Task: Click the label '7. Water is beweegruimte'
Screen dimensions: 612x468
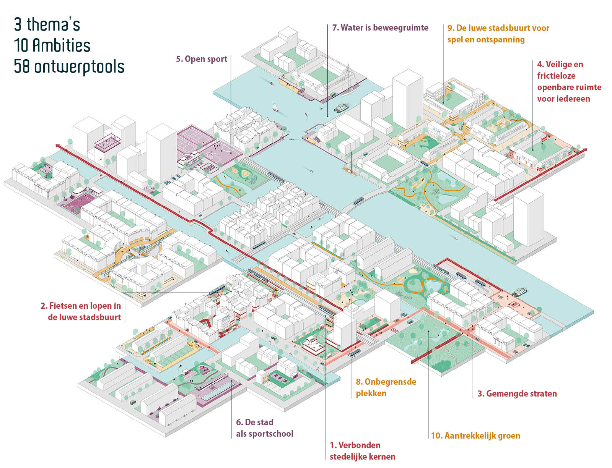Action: (380, 28)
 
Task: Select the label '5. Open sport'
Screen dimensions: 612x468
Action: (202, 59)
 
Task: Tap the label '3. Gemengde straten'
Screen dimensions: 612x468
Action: (517, 394)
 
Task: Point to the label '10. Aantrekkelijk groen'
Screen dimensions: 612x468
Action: (476, 436)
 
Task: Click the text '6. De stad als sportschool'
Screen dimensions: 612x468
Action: (265, 428)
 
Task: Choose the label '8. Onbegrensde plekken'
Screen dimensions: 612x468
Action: (386, 387)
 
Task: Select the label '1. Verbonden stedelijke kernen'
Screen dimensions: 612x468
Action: (363, 451)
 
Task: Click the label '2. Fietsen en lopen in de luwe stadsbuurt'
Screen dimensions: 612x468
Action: (81, 311)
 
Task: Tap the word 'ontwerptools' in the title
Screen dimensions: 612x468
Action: (79, 67)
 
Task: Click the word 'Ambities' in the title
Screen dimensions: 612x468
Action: (62, 45)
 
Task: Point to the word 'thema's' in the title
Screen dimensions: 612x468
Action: (54, 24)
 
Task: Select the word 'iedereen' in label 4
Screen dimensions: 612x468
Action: (563, 99)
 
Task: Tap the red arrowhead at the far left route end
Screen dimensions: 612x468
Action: (58, 146)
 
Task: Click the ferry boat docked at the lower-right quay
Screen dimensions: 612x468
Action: (519, 292)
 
